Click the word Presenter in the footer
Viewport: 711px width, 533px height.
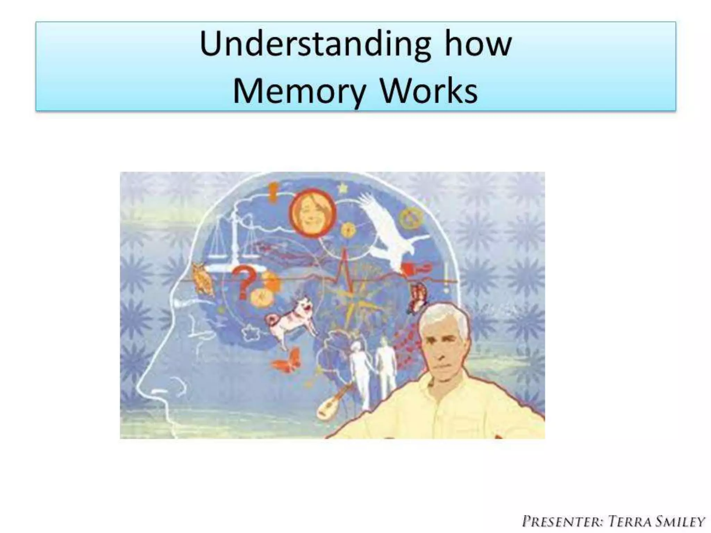tap(563, 522)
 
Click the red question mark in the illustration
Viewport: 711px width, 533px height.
tap(243, 281)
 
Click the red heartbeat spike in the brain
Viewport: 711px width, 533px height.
tap(344, 264)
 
